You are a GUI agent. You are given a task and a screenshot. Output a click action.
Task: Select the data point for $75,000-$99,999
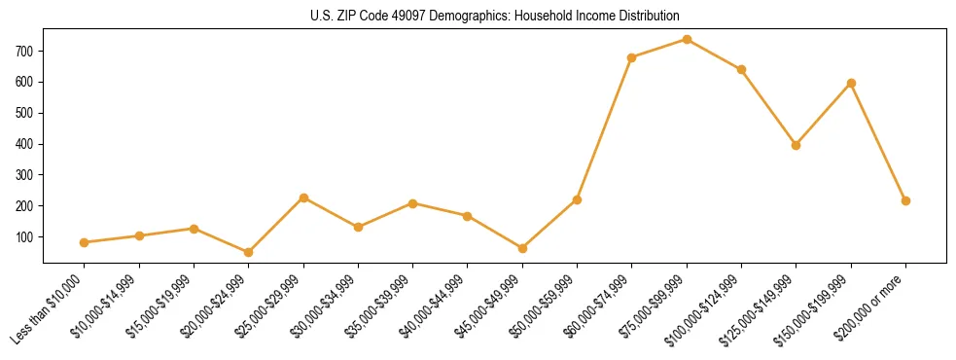(687, 39)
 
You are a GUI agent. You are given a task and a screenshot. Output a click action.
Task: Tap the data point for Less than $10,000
(85, 242)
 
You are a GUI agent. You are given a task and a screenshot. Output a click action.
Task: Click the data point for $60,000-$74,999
(632, 57)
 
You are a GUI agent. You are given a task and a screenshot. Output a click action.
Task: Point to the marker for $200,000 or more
(905, 200)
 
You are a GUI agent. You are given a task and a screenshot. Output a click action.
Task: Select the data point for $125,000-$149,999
(797, 145)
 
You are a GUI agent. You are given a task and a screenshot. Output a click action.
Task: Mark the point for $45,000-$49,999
(522, 248)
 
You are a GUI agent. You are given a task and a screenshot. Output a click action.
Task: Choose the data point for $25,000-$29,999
(303, 198)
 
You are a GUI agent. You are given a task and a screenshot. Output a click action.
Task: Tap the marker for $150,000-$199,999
(851, 83)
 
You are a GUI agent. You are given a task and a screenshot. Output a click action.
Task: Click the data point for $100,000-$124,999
(741, 69)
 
